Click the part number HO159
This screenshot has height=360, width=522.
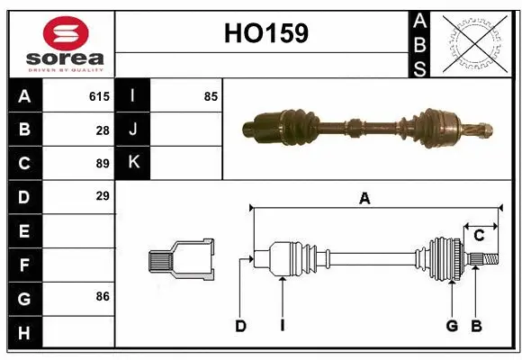[x=265, y=33]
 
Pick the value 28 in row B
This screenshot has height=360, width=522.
[x=103, y=130]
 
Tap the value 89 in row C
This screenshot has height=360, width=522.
[x=103, y=163]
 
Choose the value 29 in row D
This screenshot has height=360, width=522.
[x=103, y=195]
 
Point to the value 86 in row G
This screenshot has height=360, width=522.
[x=103, y=295]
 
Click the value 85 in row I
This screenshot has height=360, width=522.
[x=211, y=96]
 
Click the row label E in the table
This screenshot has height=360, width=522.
[x=24, y=231]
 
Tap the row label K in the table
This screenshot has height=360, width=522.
[x=132, y=163]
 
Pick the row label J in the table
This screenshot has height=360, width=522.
[x=132, y=130]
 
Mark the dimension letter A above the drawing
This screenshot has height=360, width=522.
[x=364, y=200]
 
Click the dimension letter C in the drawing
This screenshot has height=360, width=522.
[x=479, y=235]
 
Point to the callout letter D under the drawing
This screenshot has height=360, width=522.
[x=240, y=326]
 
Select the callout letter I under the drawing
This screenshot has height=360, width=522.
[x=282, y=326]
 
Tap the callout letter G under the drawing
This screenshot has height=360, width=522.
[x=452, y=326]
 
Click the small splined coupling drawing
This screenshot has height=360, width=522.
[x=181, y=259]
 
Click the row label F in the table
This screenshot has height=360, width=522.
[x=24, y=265]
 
